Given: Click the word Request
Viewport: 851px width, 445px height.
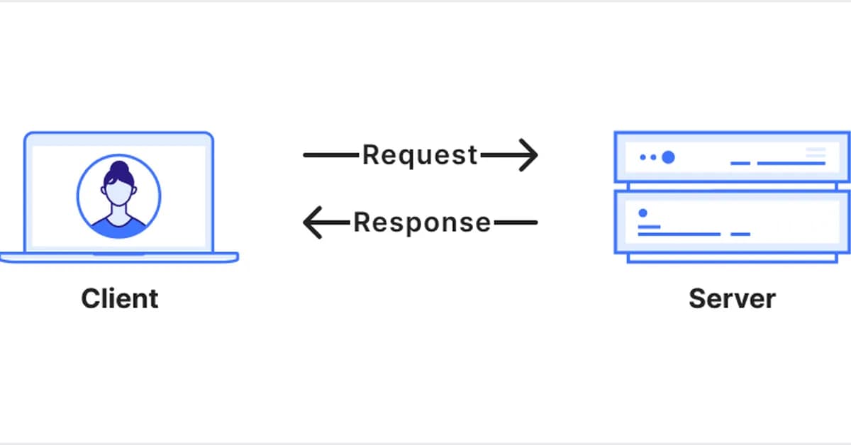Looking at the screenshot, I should [x=420, y=154].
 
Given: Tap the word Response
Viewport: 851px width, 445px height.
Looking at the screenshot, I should [x=422, y=222].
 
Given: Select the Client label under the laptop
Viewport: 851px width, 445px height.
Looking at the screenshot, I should [x=120, y=298].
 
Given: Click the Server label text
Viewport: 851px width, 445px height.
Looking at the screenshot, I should [x=732, y=298].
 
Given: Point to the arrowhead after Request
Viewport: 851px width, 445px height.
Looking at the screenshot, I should [x=528, y=154].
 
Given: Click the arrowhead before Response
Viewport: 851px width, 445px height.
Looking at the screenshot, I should [x=313, y=222].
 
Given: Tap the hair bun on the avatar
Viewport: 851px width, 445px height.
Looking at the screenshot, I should [x=118, y=169].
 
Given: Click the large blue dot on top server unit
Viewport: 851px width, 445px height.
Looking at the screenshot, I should [x=667, y=157].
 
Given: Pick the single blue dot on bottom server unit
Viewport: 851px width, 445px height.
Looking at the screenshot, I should [x=643, y=213].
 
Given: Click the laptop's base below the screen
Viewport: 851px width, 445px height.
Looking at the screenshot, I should [x=118, y=257].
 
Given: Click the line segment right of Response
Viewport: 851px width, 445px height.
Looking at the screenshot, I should [x=516, y=222].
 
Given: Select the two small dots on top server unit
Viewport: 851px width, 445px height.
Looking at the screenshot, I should [x=647, y=157].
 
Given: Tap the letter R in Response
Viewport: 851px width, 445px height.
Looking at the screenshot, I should [x=361, y=222].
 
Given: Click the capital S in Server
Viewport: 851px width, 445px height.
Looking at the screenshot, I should [x=697, y=298].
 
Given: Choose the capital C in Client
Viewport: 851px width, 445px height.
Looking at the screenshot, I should [x=90, y=298].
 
